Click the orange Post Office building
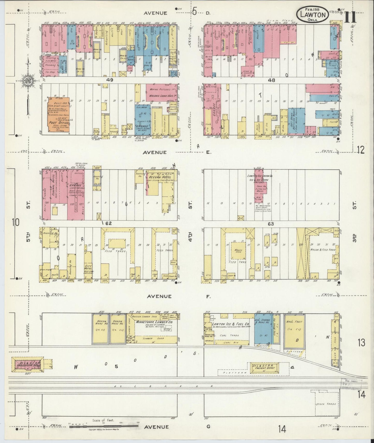(58, 116)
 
